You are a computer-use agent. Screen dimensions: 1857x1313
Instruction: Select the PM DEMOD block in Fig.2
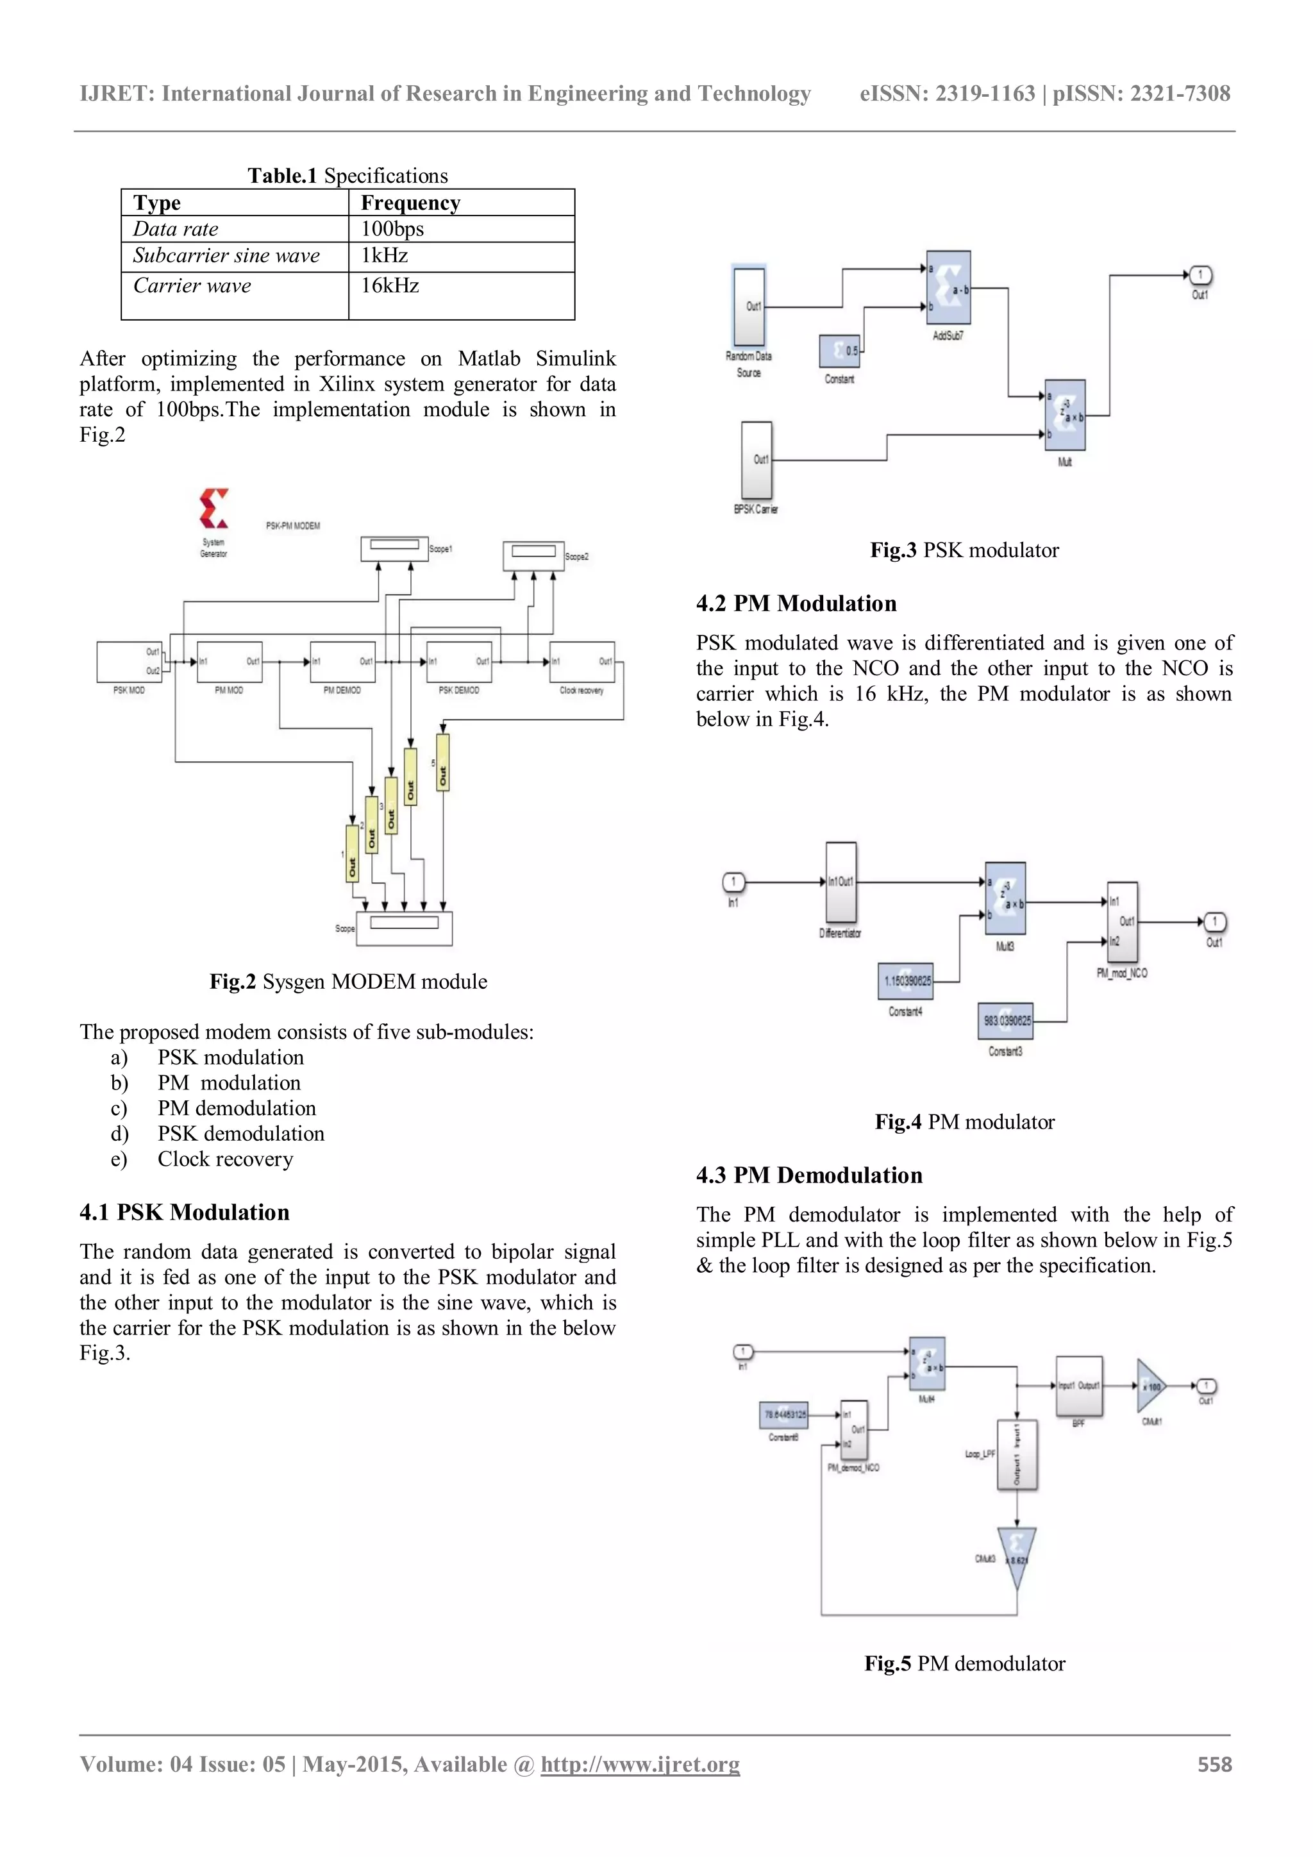(x=343, y=662)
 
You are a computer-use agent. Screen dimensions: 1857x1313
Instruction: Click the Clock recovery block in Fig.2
(x=582, y=662)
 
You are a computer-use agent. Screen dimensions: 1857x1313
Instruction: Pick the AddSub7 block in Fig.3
(x=948, y=288)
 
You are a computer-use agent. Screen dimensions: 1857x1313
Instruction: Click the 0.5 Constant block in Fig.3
(x=840, y=351)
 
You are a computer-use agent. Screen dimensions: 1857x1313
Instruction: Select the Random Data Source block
(x=749, y=307)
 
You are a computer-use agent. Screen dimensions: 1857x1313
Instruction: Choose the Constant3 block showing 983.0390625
(x=1006, y=1021)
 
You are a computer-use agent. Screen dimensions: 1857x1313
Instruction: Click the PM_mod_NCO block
(x=1122, y=921)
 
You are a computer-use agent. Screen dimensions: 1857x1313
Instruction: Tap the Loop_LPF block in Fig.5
(x=1017, y=1454)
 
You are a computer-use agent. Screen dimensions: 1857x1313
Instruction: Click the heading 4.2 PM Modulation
(x=796, y=603)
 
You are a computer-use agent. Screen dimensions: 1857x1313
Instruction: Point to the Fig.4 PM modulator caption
(x=964, y=1122)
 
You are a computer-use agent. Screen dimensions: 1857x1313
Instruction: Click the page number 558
(x=1214, y=1765)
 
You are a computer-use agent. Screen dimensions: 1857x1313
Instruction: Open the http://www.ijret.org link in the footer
(x=640, y=1765)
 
